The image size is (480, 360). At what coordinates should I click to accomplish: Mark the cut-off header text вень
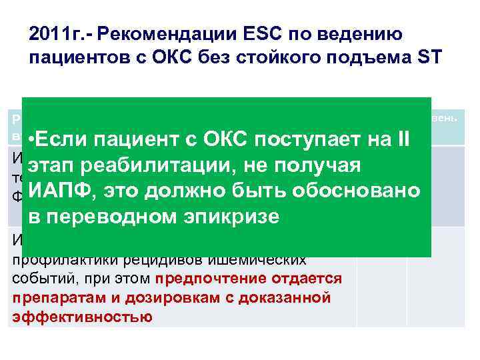(x=445, y=117)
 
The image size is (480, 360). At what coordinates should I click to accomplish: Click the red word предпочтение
(x=201, y=278)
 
